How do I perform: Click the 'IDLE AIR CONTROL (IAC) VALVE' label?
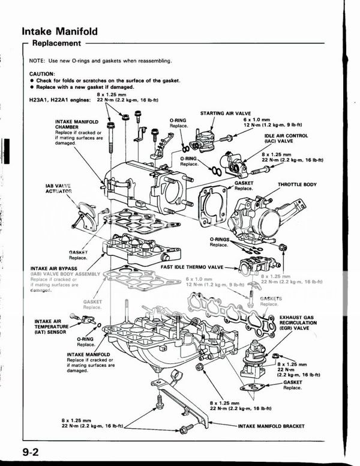coord(286,139)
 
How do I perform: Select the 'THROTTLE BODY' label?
coord(297,185)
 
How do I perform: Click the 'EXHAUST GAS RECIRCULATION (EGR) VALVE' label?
coord(298,322)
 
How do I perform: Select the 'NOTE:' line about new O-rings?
coord(101,61)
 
